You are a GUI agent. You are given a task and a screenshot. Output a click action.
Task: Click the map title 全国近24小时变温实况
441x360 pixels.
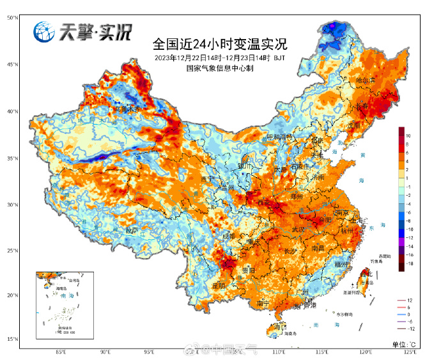(220, 45)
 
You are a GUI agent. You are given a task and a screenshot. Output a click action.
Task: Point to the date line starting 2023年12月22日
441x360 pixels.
(220, 58)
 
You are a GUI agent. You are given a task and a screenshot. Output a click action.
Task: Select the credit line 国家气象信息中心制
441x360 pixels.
(220, 68)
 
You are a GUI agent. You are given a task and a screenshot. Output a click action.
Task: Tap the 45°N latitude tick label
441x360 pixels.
(13, 65)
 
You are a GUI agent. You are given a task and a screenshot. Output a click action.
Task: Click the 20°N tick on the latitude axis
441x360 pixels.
(13, 295)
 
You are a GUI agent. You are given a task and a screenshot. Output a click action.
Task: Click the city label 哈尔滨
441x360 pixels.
(366, 82)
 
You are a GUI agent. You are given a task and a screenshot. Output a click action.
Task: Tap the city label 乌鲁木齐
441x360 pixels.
(126, 109)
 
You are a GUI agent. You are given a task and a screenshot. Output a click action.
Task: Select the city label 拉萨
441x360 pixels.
(131, 230)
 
